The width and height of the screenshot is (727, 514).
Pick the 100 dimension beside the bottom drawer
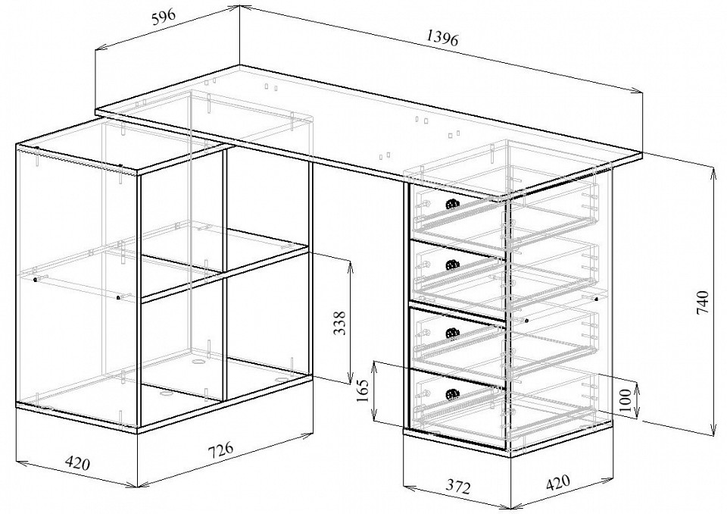[x=625, y=400]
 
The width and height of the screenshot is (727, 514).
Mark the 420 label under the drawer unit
[x=557, y=483]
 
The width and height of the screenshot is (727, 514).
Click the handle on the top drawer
[x=452, y=203]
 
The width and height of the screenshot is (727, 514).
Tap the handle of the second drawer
[x=453, y=265]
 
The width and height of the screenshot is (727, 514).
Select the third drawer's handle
[x=453, y=332]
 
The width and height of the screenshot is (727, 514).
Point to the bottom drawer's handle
[x=453, y=394]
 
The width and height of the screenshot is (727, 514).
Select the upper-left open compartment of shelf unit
[x=182, y=224]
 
